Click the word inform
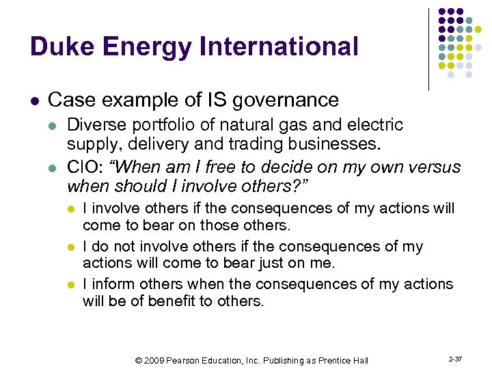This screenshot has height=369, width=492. [110, 284]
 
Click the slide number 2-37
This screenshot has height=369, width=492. [454, 357]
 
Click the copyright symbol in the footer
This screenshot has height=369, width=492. [139, 359]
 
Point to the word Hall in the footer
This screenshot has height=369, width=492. [359, 359]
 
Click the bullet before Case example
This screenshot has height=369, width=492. [35, 101]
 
